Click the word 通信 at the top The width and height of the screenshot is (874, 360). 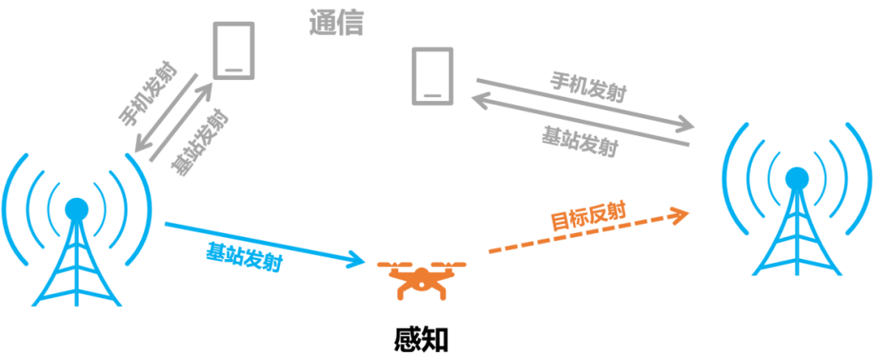click(x=337, y=23)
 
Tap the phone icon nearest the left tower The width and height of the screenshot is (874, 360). click(x=234, y=49)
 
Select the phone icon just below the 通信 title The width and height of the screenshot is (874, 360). click(x=433, y=75)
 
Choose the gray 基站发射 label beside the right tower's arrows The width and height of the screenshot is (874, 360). click(x=579, y=143)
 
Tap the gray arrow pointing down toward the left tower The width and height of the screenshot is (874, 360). click(x=167, y=113)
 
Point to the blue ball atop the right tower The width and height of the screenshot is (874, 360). click(x=796, y=176)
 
